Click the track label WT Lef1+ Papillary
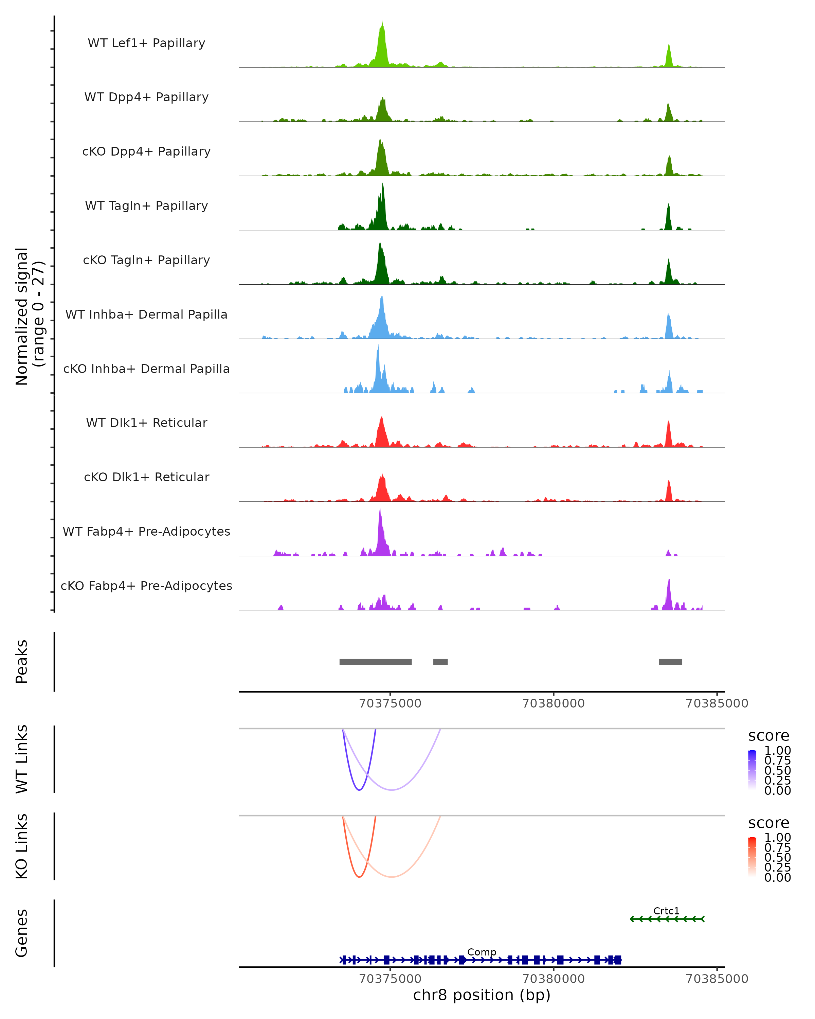click(146, 43)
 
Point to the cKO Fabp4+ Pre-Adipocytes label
click(146, 586)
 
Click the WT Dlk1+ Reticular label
click(146, 423)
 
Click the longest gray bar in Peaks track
click(376, 662)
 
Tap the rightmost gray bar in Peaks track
click(670, 662)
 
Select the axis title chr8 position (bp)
click(482, 995)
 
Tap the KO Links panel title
click(22, 846)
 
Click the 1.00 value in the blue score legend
click(777, 751)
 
